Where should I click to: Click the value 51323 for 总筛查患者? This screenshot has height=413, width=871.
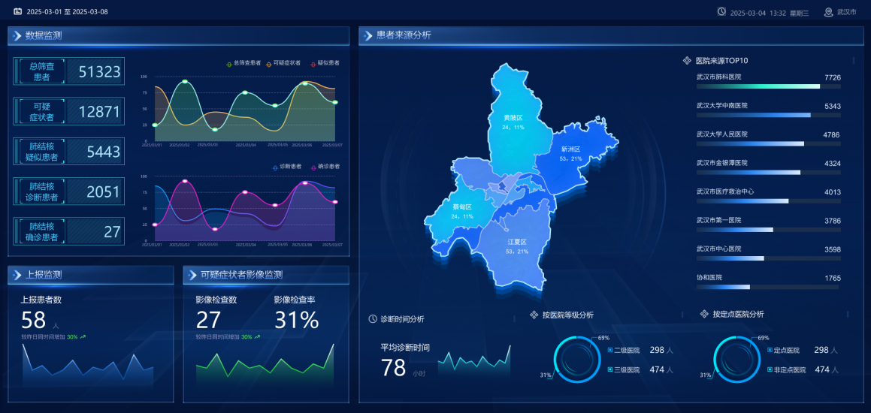click(x=99, y=72)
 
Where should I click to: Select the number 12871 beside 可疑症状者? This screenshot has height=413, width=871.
click(x=99, y=112)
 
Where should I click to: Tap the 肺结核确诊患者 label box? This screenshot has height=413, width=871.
click(x=38, y=232)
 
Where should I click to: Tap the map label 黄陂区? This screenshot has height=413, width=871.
click(x=513, y=118)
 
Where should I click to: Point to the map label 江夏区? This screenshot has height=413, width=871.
click(x=517, y=242)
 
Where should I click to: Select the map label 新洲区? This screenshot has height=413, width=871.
click(x=571, y=149)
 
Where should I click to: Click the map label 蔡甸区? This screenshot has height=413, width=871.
click(x=462, y=206)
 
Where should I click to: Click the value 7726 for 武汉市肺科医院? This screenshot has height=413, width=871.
click(x=832, y=77)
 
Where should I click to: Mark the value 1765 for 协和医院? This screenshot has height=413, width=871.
click(x=832, y=278)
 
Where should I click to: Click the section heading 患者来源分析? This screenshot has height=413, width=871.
click(x=404, y=35)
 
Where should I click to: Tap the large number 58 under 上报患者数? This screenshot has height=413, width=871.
click(x=34, y=321)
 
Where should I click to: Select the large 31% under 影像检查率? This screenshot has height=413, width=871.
click(x=296, y=321)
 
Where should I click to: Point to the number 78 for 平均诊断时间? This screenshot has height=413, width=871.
click(x=393, y=368)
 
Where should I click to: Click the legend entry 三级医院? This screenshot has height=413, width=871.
click(x=626, y=369)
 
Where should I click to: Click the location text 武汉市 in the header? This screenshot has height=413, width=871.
click(x=846, y=12)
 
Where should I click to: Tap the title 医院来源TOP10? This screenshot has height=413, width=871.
click(x=721, y=61)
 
